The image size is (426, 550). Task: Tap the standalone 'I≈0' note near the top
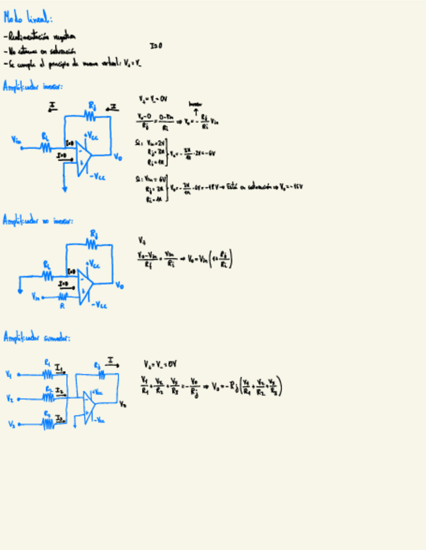[x=156, y=46]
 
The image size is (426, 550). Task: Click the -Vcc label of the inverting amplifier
[x=97, y=176]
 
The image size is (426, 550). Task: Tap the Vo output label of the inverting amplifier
[x=118, y=156]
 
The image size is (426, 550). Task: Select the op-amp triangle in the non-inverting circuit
[x=84, y=284]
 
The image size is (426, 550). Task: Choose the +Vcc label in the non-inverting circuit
[x=94, y=265]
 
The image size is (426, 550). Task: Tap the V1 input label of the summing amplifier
[x=8, y=374]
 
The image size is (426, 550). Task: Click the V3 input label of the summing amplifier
[x=12, y=424]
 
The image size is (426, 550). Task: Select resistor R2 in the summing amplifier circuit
[x=49, y=398]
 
